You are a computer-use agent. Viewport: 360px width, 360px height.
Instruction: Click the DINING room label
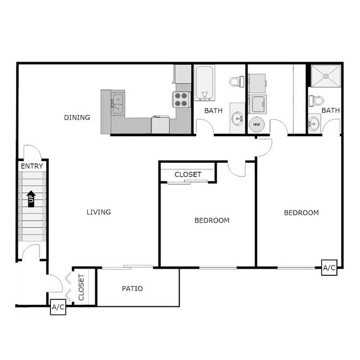coord(77,117)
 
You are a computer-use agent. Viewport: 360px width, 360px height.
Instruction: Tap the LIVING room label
coord(99,212)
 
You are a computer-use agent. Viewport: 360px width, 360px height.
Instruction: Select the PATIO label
coord(132,289)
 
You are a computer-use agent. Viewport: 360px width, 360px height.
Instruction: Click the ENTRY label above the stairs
coord(31,166)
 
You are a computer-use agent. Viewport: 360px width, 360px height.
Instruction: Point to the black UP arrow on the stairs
coord(31,198)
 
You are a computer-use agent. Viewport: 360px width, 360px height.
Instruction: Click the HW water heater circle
coord(256,125)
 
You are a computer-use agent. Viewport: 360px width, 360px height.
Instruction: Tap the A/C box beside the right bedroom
coord(329,268)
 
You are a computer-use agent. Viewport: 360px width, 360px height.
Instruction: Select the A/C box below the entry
coord(58,307)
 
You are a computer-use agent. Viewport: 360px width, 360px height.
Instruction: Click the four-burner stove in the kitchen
coord(182,100)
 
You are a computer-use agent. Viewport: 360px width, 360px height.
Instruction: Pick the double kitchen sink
coord(118,103)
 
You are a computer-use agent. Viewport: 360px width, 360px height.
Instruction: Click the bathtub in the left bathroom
coord(204,84)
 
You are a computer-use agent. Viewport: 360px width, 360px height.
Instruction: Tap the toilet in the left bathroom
coord(236,81)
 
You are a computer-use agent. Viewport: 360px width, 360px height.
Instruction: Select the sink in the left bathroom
coord(238,118)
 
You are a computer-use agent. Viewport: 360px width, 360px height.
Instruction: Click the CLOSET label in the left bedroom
coord(188,174)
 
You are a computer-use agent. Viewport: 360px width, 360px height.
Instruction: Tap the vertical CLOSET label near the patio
coord(81,288)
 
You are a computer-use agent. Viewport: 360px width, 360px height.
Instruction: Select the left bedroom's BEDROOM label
coord(212,220)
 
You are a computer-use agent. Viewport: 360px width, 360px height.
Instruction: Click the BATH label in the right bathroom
coord(331,111)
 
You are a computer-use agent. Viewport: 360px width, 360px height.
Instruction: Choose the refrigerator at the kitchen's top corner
coord(182,74)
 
